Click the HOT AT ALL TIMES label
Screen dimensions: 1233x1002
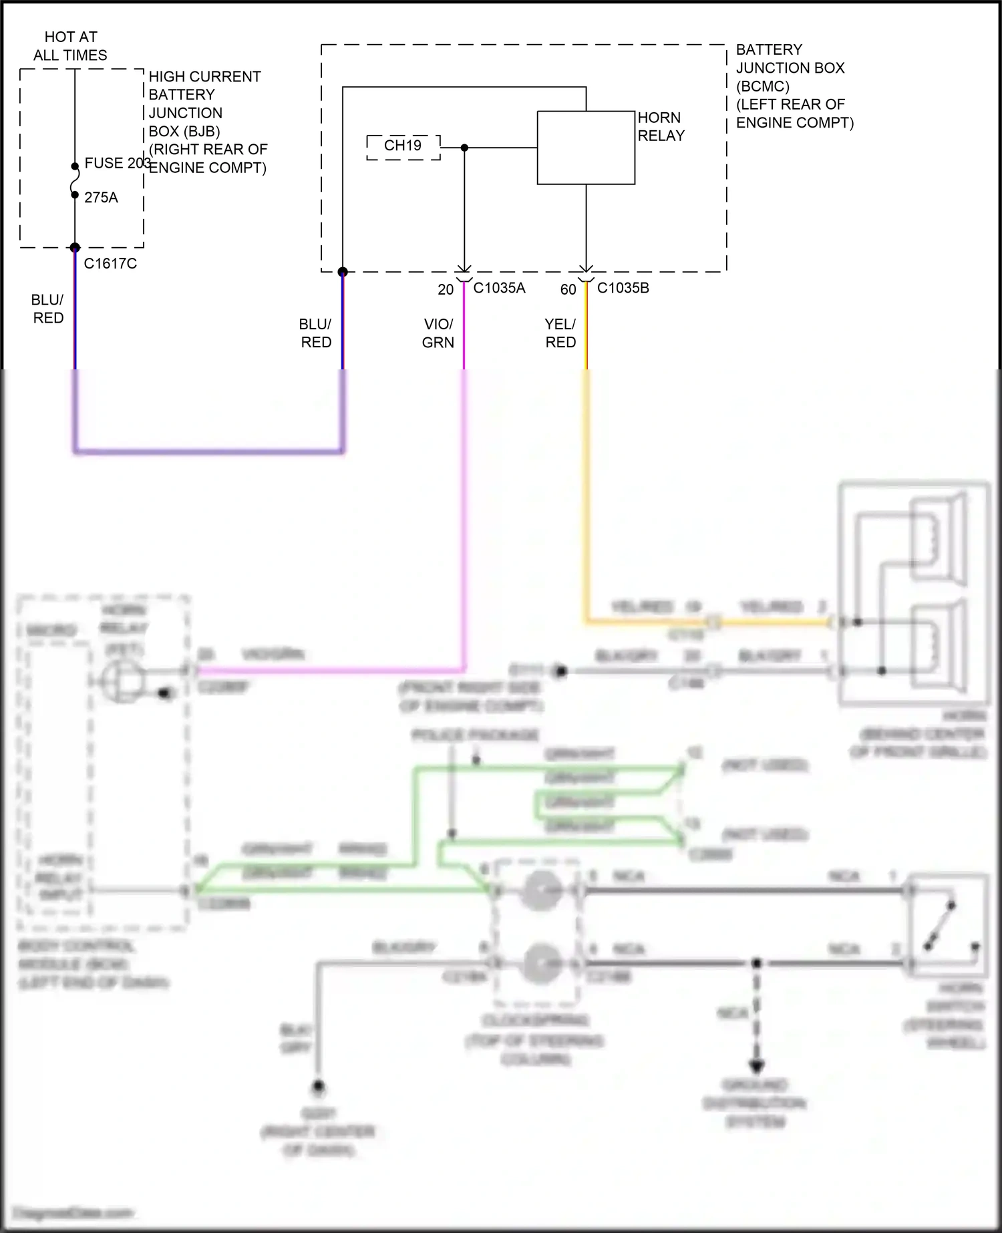click(70, 46)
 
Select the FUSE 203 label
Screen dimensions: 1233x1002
click(116, 164)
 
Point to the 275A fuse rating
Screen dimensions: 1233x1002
click(101, 198)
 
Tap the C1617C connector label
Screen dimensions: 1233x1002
click(110, 264)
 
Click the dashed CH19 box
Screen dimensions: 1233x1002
click(403, 146)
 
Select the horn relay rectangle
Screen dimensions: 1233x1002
click(586, 148)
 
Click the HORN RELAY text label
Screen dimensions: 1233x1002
click(661, 126)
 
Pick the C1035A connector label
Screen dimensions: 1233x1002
click(499, 289)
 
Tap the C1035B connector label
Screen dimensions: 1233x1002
click(623, 289)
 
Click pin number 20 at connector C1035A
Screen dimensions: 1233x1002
click(446, 290)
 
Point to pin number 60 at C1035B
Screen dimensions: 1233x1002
click(568, 290)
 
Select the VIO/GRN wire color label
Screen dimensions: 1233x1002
click(438, 333)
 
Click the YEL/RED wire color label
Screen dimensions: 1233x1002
click(560, 333)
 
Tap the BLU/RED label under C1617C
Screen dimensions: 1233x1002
click(48, 309)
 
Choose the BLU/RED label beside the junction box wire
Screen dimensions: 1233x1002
click(316, 333)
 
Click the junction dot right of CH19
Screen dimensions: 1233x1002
click(465, 148)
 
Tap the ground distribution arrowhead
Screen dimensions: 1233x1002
click(757, 1067)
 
